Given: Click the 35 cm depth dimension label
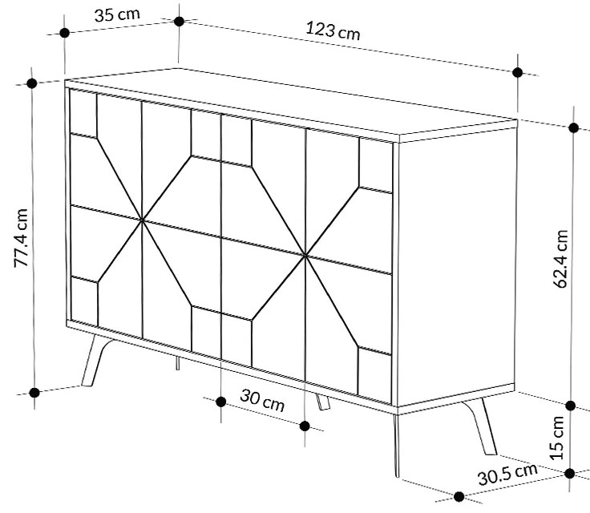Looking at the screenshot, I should (x=115, y=15).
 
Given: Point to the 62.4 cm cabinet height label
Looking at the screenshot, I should (x=562, y=259).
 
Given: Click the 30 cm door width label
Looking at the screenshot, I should (x=262, y=402).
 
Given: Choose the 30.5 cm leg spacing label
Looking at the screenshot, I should (x=508, y=475).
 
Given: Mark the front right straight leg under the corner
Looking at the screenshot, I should (x=396, y=445).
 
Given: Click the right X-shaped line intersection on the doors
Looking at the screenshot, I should (x=306, y=256).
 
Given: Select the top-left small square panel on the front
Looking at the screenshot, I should (x=83, y=113).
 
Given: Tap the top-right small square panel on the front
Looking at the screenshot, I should (x=375, y=166).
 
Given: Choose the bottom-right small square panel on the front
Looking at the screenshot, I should (x=374, y=373).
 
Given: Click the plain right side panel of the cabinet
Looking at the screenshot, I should (x=453, y=265).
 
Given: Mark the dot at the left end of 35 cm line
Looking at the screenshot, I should (x=64, y=33).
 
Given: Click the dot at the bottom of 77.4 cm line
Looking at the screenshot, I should (x=34, y=392).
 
